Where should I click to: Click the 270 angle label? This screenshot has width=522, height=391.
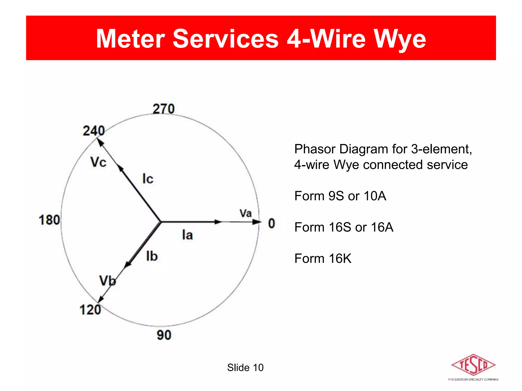[x=164, y=109]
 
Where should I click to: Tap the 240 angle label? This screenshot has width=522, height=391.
[x=94, y=131]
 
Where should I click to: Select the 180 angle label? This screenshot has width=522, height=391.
[x=49, y=220]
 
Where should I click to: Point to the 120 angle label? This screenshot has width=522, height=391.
[x=90, y=310]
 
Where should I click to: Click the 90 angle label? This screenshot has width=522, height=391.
[x=164, y=335]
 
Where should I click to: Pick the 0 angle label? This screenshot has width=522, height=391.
[x=272, y=224]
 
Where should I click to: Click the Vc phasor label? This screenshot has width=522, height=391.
[x=98, y=162]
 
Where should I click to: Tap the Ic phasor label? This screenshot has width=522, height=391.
[x=148, y=179]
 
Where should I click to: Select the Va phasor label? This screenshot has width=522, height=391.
[x=245, y=213]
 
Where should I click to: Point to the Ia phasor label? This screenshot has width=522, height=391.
[x=187, y=235]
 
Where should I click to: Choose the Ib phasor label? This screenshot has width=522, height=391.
[x=152, y=256]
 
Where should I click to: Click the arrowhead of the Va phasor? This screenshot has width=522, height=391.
[x=257, y=222]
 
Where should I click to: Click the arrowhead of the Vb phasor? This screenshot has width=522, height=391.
[x=101, y=299]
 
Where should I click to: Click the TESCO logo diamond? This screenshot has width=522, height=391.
[x=473, y=365]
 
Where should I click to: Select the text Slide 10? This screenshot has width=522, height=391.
[x=245, y=368]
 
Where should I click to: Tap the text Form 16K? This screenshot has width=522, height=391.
[x=323, y=259]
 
